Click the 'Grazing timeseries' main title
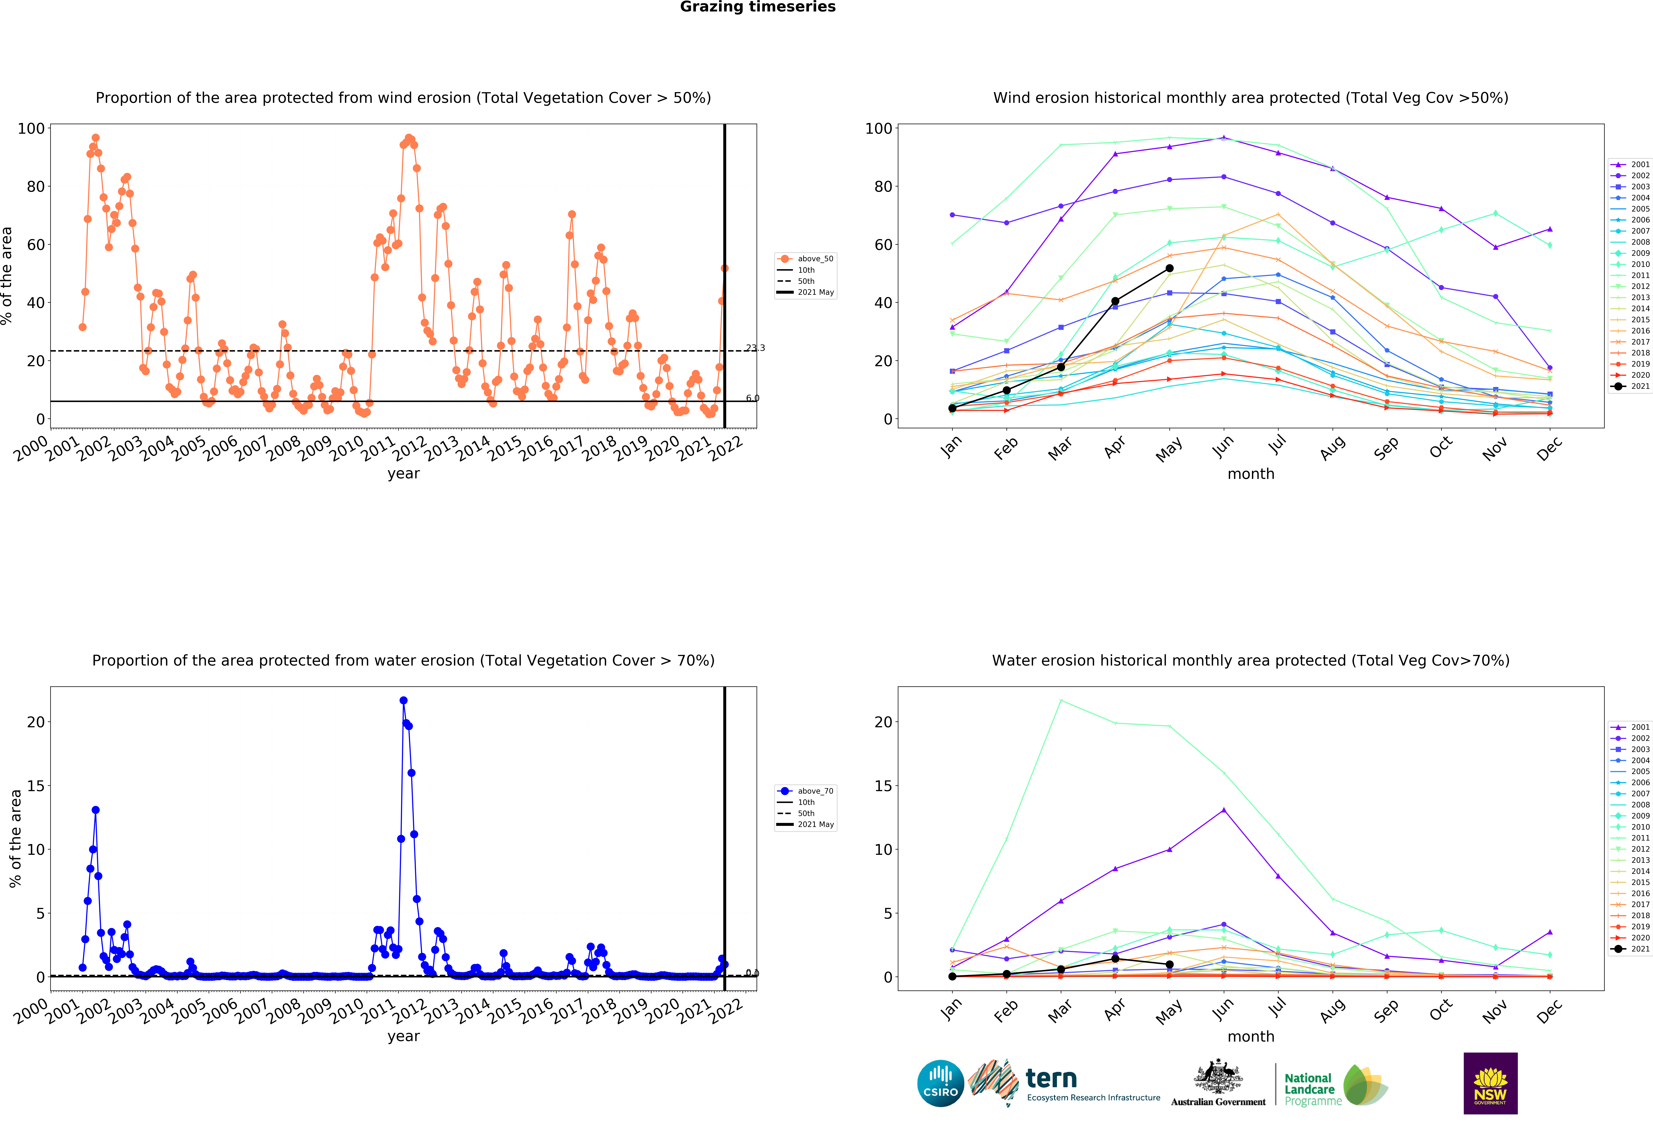tap(757, 7)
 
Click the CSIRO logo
tap(940, 1084)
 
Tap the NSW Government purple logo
tap(1490, 1083)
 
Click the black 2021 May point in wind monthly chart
tap(1169, 268)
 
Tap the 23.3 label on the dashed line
tap(755, 348)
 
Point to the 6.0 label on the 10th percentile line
tap(753, 398)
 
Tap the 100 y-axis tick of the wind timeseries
tap(31, 129)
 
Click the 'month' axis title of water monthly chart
tap(1250, 1037)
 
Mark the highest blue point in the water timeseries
tap(403, 701)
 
